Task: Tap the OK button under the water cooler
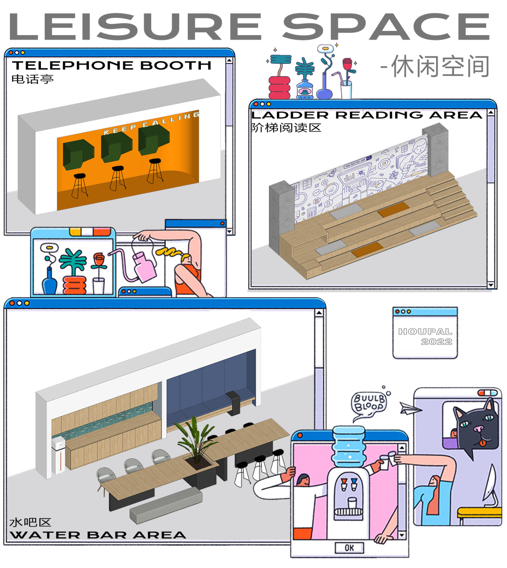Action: click(x=349, y=547)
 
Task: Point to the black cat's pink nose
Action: click(x=478, y=429)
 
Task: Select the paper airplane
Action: click(x=408, y=408)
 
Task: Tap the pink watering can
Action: click(x=145, y=265)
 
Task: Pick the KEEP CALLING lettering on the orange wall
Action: click(x=150, y=124)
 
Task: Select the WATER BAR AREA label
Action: click(x=98, y=535)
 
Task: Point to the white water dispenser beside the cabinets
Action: click(x=59, y=453)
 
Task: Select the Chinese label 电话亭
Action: click(x=32, y=79)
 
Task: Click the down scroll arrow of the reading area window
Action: click(x=491, y=285)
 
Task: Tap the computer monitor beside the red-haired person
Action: click(x=490, y=483)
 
